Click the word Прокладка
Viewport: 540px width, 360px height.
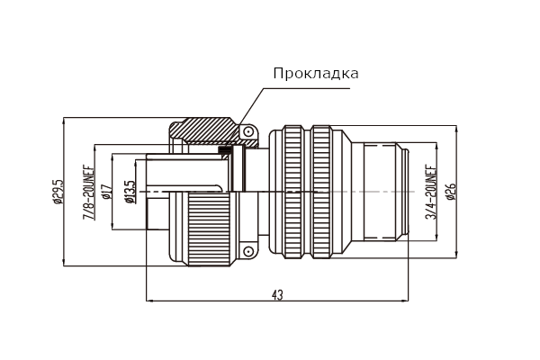(x=316, y=74)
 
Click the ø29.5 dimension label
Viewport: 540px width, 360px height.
(x=58, y=192)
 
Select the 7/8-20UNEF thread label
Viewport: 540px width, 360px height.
(x=89, y=193)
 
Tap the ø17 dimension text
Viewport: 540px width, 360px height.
(x=107, y=192)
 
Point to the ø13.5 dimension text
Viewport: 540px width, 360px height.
(x=130, y=192)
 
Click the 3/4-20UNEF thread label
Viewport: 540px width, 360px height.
(x=431, y=192)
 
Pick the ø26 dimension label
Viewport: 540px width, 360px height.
(x=451, y=192)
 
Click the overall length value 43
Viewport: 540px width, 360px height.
(x=277, y=295)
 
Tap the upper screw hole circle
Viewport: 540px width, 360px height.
(x=248, y=131)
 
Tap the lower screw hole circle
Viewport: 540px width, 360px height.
(x=248, y=251)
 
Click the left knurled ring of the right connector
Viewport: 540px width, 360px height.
(x=292, y=192)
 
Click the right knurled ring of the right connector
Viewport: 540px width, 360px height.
(x=321, y=192)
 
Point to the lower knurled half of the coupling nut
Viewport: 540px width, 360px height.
(x=209, y=229)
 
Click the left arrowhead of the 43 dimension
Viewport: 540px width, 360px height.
(x=150, y=301)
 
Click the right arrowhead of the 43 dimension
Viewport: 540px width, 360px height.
(x=405, y=301)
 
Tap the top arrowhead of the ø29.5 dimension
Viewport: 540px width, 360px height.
(x=64, y=121)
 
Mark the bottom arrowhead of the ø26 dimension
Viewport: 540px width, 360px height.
(x=456, y=254)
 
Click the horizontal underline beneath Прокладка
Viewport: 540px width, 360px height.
(x=307, y=88)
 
